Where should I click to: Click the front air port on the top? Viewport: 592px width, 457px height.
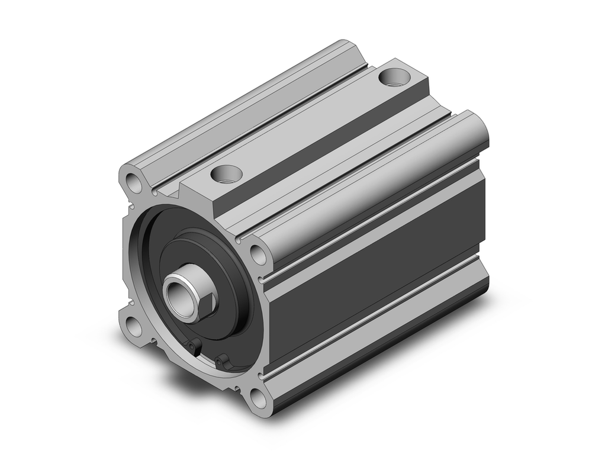pyautogui.click(x=227, y=174)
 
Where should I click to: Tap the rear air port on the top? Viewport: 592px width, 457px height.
pyautogui.click(x=393, y=76)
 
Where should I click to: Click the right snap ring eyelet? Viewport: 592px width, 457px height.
pyautogui.click(x=221, y=359)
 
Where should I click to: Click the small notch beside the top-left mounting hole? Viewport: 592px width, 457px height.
pyautogui.click(x=155, y=192)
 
